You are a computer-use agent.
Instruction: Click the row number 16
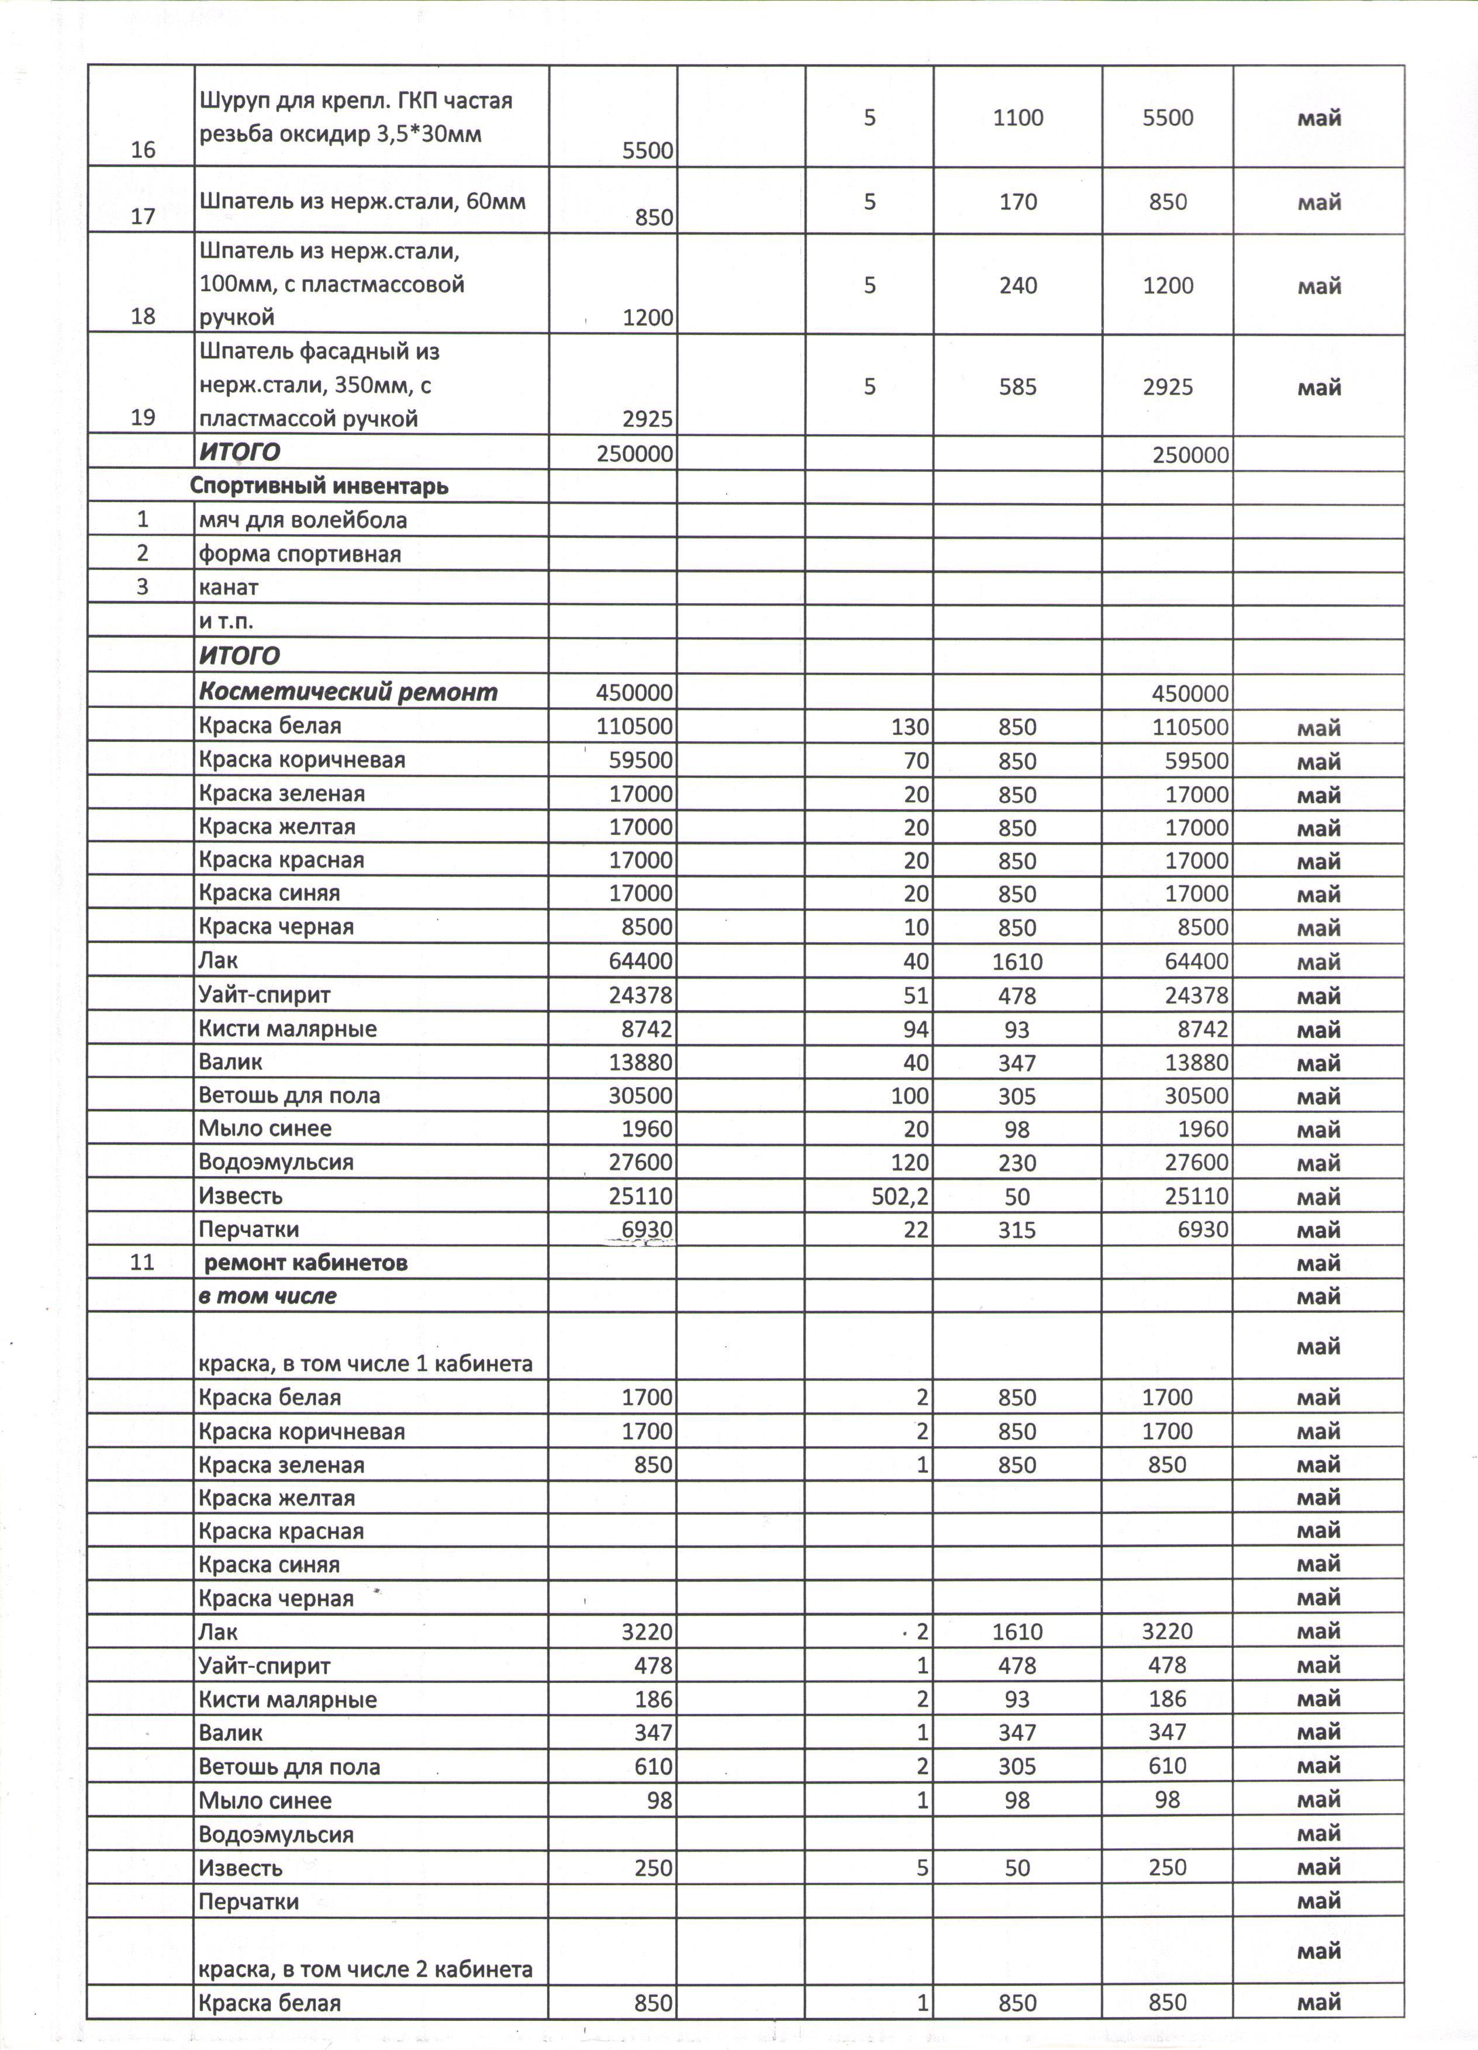pos(143,150)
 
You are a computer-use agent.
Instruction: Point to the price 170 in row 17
pos(1018,202)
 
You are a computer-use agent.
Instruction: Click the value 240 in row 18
pos(1018,286)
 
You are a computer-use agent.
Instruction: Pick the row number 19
pos(143,417)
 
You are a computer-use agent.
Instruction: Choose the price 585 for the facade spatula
pos(1018,388)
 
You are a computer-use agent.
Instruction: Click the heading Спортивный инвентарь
pos(319,486)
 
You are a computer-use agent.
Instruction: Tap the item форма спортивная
pos(299,554)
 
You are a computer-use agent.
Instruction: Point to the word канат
pos(229,587)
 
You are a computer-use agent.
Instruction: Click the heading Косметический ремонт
pos(348,692)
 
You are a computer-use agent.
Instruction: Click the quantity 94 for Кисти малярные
pos(916,1029)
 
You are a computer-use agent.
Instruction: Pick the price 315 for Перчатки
pos(1018,1230)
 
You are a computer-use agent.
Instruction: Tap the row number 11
pos(143,1263)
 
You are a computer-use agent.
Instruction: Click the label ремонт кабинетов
pos(306,1263)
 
